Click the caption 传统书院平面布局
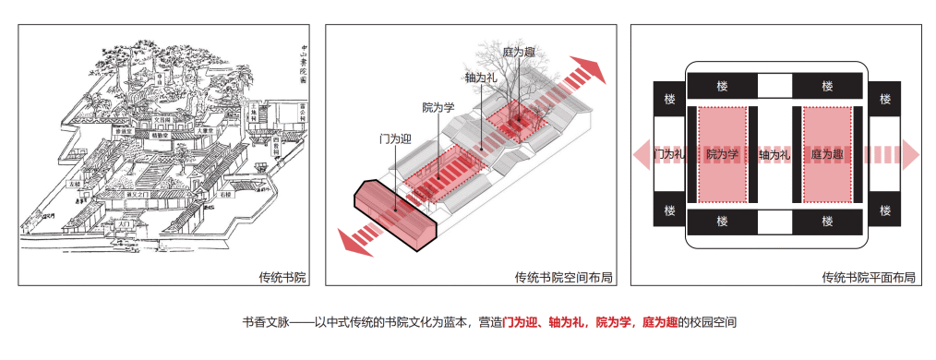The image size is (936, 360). tap(869, 277)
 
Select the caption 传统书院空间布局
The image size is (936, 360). tap(563, 277)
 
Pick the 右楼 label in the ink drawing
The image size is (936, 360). tap(225, 195)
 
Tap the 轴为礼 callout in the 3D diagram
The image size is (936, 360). tap(482, 79)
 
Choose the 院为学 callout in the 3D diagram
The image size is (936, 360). tap(438, 107)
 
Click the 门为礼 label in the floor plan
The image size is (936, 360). tap(668, 154)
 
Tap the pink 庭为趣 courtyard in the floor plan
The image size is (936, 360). tap(828, 154)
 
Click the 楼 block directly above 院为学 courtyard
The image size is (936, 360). tap(722, 86)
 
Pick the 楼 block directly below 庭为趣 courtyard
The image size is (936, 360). tap(828, 222)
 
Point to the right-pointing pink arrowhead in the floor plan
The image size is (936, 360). tap(909, 154)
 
